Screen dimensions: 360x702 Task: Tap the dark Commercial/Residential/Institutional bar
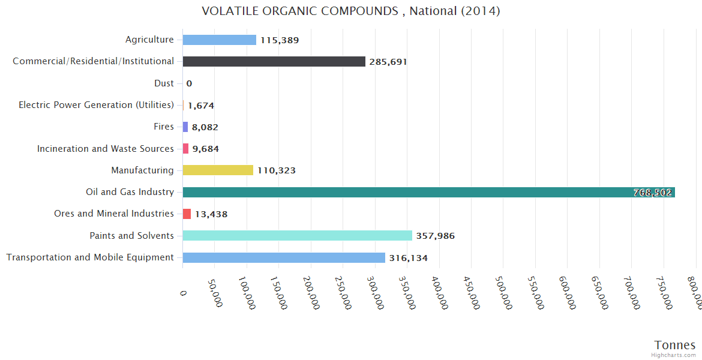(274, 61)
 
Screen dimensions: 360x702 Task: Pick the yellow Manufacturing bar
(218, 170)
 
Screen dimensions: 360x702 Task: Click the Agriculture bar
(219, 40)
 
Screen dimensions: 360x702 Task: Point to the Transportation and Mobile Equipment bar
(284, 257)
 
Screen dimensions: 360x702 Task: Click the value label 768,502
(652, 193)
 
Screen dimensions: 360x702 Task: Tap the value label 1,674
(201, 106)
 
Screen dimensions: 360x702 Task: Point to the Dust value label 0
(189, 83)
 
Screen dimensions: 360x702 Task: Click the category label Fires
(164, 127)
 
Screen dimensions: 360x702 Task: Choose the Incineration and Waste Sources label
(106, 148)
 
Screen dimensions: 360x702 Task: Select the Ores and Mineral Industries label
(114, 214)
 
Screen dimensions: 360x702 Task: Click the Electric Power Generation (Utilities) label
(97, 105)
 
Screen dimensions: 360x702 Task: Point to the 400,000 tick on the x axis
(440, 292)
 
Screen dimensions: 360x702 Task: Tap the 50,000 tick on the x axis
(215, 292)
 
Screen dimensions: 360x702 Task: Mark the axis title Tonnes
(675, 344)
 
